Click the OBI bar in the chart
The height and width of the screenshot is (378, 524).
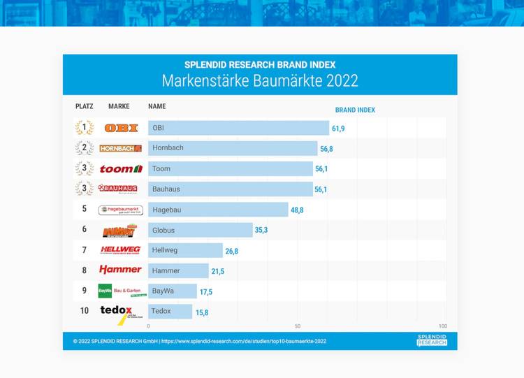(x=238, y=128)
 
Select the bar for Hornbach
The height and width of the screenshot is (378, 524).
(x=233, y=148)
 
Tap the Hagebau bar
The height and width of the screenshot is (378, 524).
(x=218, y=210)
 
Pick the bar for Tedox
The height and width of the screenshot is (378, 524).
(x=170, y=311)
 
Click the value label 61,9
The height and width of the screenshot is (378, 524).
(x=338, y=129)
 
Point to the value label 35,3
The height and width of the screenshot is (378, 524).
(x=262, y=230)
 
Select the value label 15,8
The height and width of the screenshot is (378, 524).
(x=202, y=312)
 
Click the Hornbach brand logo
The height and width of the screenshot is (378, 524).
(x=120, y=148)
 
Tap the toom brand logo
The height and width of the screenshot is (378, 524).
(x=121, y=168)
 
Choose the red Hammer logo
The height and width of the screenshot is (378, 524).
(x=120, y=270)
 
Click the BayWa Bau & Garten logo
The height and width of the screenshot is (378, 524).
(x=119, y=291)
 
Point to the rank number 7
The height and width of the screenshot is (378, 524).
(x=84, y=250)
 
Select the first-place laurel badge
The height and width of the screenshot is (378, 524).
(x=84, y=128)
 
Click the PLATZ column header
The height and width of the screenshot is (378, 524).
(x=84, y=106)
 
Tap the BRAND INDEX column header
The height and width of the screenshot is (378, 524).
(x=355, y=110)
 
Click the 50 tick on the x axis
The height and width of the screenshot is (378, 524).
(x=298, y=326)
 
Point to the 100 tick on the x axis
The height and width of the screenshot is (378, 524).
(x=442, y=326)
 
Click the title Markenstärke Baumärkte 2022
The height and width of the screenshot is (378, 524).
(x=260, y=80)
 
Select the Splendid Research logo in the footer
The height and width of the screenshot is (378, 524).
(x=432, y=340)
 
